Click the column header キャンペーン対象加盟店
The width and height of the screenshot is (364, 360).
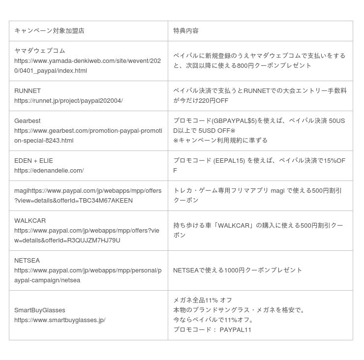[49, 30]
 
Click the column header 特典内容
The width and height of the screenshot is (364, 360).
[186, 30]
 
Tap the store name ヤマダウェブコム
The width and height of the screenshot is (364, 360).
[40, 51]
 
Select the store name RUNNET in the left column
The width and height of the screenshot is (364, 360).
[28, 90]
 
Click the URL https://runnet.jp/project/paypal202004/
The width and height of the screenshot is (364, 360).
[68, 101]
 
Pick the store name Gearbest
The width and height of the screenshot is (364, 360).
[28, 120]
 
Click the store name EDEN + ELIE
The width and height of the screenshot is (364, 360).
[33, 160]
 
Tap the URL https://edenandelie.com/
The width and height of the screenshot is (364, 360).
[49, 171]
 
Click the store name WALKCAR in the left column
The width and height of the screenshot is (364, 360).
[30, 220]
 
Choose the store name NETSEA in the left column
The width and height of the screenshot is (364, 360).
[27, 260]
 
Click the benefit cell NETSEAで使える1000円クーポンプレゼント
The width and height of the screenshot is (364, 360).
[238, 270]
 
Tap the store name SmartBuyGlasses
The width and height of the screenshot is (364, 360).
[39, 310]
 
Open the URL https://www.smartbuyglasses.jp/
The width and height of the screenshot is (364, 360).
[60, 320]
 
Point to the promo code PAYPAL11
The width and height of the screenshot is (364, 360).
[236, 330]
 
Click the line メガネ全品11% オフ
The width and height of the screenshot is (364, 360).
[202, 300]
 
